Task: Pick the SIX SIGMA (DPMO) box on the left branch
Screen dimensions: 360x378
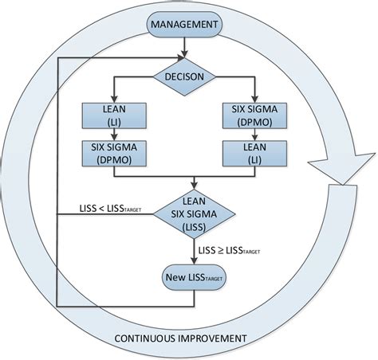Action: coord(112,153)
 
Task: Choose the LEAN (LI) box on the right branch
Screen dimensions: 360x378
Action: coord(254,153)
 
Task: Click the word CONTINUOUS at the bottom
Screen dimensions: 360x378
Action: coord(149,338)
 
